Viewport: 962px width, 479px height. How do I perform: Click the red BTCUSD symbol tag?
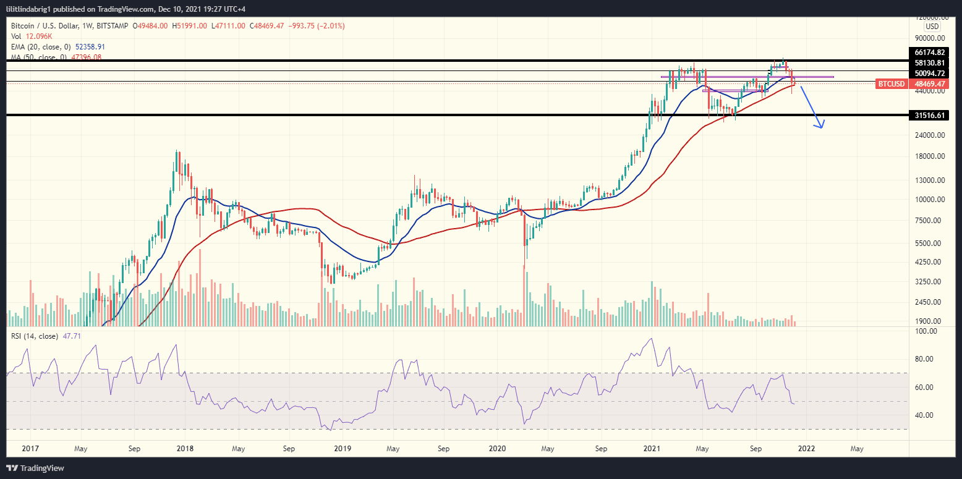[x=892, y=83]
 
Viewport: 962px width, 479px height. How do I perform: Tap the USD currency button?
[x=932, y=27]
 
